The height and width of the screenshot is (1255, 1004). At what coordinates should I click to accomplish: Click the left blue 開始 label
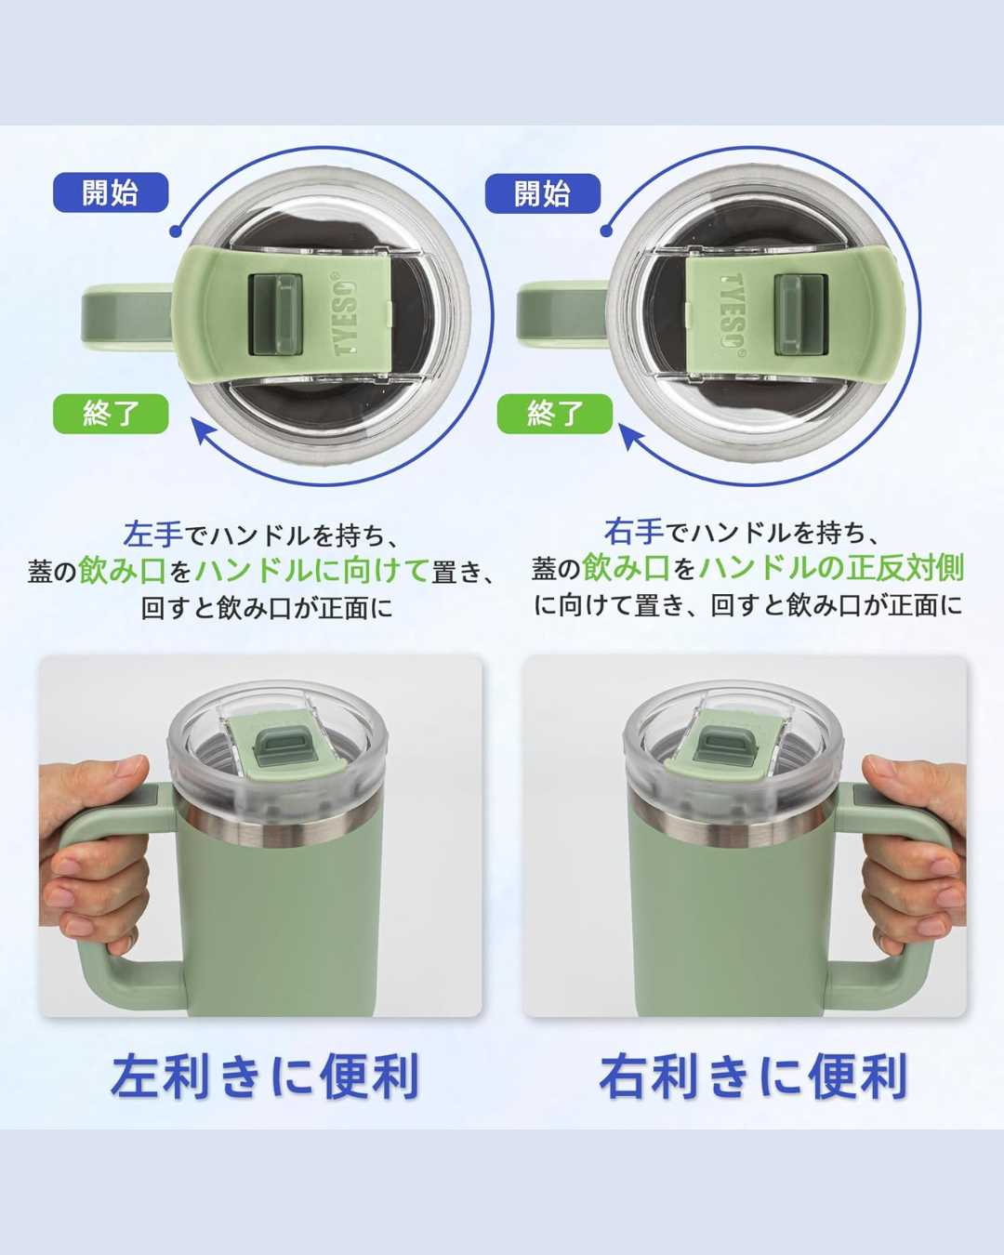click(x=111, y=192)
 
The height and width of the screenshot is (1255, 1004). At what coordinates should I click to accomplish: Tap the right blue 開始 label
click(x=543, y=193)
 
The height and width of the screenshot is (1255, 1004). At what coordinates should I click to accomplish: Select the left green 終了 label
click(x=111, y=414)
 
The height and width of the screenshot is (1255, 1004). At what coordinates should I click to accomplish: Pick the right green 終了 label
click(x=555, y=414)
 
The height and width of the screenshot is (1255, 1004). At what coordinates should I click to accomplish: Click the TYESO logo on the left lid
click(x=346, y=314)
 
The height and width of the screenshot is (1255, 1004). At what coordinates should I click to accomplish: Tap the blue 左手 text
click(x=152, y=535)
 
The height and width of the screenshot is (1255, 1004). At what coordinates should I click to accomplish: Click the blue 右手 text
click(x=633, y=532)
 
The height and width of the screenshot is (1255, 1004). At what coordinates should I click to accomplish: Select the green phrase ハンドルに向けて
click(x=312, y=571)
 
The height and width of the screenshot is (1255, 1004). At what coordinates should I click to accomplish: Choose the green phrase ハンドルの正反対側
click(x=831, y=568)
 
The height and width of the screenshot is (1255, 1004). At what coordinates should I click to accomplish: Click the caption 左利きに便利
click(x=266, y=1076)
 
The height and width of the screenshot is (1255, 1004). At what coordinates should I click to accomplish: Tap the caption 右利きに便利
click(x=753, y=1076)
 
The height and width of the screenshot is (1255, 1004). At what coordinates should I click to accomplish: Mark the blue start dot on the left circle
click(x=176, y=231)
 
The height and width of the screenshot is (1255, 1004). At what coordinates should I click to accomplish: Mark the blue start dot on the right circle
click(x=606, y=231)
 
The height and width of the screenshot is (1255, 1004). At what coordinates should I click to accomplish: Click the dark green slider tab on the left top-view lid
click(x=275, y=314)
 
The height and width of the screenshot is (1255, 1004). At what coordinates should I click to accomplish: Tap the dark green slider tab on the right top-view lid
click(x=801, y=314)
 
